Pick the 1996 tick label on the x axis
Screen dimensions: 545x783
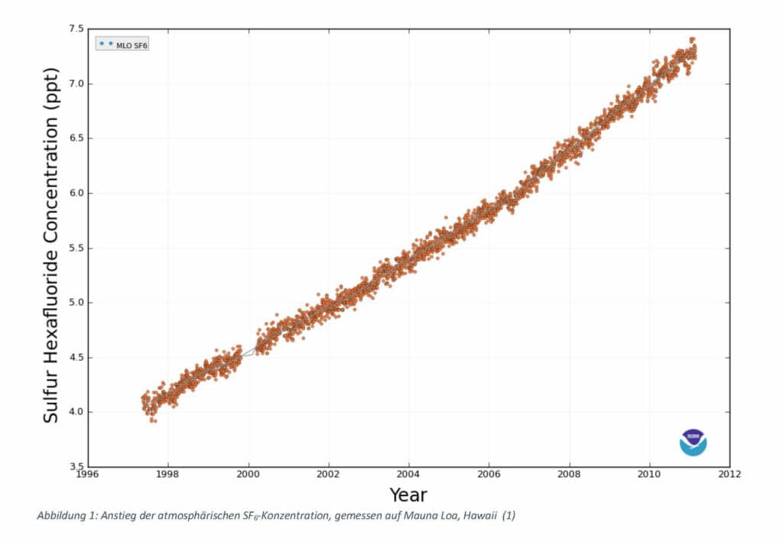tap(88, 475)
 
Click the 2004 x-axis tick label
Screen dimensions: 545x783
tap(408, 475)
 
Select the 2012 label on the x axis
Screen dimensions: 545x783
tap(729, 475)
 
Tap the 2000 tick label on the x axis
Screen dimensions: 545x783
tap(249, 475)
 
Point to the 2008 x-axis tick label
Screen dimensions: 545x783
tap(569, 475)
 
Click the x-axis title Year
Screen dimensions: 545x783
tap(408, 495)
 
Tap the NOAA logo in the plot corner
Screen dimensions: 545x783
tap(694, 442)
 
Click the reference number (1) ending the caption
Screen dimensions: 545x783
tap(509, 516)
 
